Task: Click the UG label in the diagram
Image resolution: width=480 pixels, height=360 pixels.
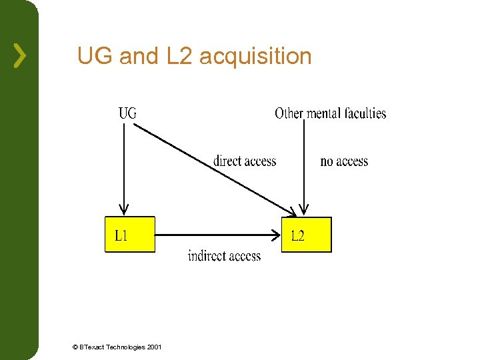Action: pyautogui.click(x=127, y=113)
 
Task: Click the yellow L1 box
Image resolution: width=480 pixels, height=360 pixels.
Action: pyautogui.click(x=129, y=234)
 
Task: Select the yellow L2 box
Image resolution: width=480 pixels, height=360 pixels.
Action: pyautogui.click(x=306, y=235)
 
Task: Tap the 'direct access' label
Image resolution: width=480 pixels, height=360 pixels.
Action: pyautogui.click(x=244, y=161)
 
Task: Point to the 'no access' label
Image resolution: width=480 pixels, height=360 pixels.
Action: pyautogui.click(x=344, y=161)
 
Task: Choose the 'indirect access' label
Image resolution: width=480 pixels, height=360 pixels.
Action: pyautogui.click(x=224, y=256)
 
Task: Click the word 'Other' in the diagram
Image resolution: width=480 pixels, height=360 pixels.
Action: pyautogui.click(x=289, y=113)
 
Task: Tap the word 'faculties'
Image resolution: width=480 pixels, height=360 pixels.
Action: pyautogui.click(x=363, y=113)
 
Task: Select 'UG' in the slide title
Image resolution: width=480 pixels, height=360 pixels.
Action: pyautogui.click(x=95, y=56)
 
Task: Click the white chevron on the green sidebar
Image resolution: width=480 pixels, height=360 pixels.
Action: pyautogui.click(x=20, y=55)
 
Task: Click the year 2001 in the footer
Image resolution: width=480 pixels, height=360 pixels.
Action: pyautogui.click(x=154, y=347)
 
